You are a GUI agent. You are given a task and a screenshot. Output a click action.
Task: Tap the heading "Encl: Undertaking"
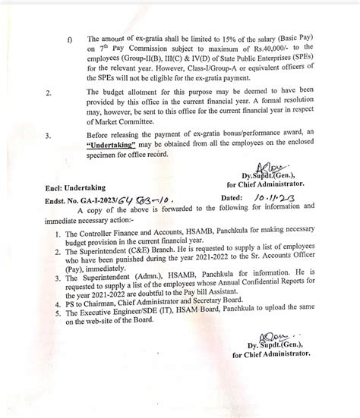(x=74, y=185)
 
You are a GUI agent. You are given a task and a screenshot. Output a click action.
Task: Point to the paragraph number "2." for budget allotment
(x=49, y=91)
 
